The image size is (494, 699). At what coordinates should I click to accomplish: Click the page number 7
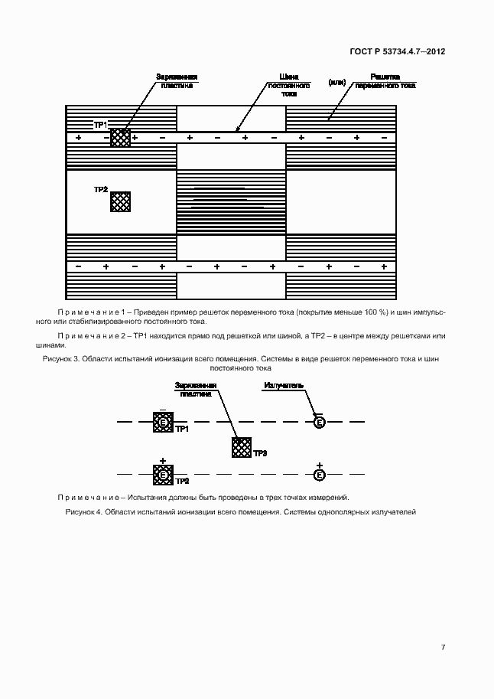[443, 647]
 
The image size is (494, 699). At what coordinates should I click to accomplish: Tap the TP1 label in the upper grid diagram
[100, 124]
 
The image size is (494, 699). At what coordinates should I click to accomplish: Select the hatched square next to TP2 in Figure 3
[120, 201]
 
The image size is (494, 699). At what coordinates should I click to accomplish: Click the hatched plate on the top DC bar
[120, 138]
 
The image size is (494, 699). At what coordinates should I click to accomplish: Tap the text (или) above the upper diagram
[337, 81]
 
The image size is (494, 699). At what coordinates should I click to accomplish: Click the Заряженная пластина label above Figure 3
[177, 81]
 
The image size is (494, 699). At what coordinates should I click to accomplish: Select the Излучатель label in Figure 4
[284, 384]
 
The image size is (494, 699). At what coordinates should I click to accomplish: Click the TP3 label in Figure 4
[260, 453]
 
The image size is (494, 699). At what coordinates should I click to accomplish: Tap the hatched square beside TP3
[242, 448]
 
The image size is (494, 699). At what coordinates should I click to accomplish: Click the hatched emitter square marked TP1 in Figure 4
[163, 422]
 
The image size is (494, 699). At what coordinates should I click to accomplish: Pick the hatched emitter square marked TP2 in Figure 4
[163, 475]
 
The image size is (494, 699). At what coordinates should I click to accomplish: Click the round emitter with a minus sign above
[320, 422]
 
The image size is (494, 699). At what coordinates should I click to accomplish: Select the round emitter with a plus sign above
[320, 475]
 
